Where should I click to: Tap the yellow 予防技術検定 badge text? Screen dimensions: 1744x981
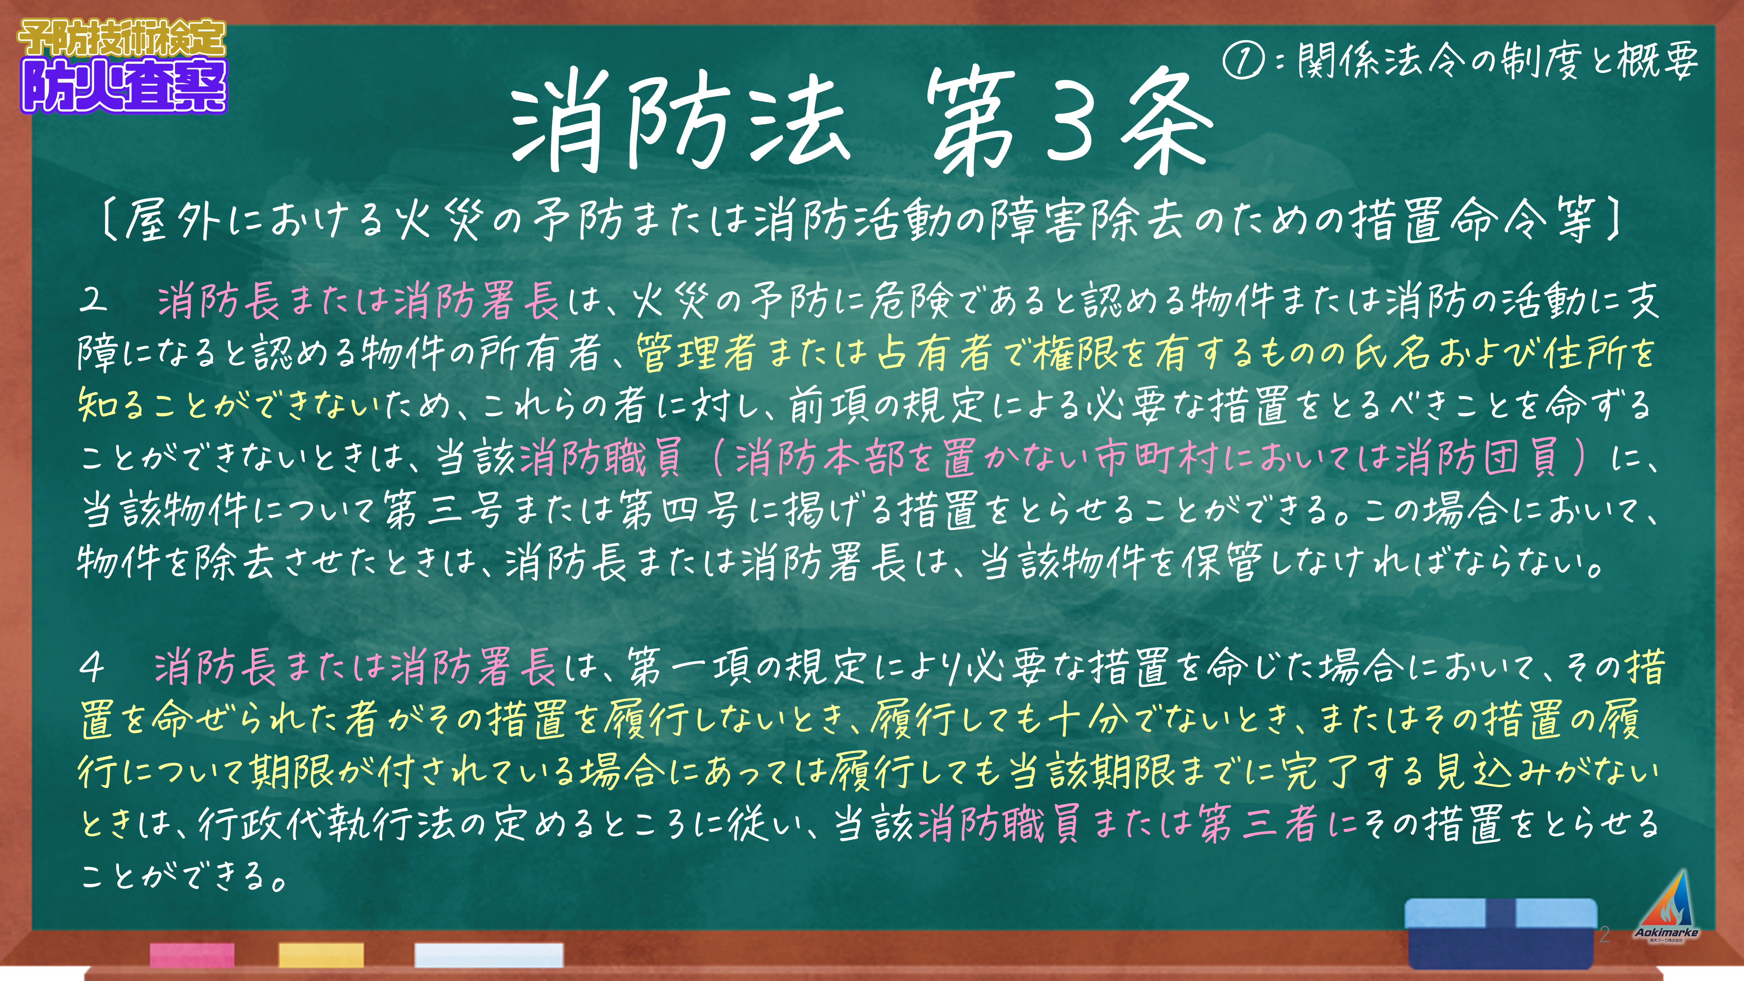pyautogui.click(x=122, y=38)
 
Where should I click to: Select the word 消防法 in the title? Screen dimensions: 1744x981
pyautogui.click(x=681, y=122)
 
